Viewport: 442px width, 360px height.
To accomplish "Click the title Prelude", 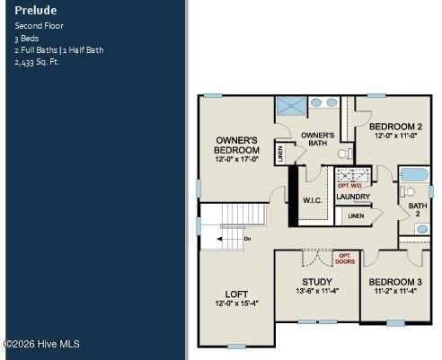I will (x=36, y=11).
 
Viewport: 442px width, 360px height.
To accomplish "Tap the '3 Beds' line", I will (x=28, y=39).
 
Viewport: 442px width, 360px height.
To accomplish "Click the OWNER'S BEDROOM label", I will (x=237, y=145).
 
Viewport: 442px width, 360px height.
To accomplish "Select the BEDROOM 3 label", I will (x=395, y=281).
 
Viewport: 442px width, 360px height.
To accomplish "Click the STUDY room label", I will (x=316, y=281).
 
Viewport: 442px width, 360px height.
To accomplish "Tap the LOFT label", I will (x=236, y=294).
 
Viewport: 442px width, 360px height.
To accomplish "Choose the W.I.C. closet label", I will (x=313, y=199).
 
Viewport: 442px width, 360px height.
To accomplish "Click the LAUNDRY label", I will (x=353, y=197).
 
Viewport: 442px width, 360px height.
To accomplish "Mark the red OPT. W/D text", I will (x=349, y=184).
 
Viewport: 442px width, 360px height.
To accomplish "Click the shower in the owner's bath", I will (x=290, y=106).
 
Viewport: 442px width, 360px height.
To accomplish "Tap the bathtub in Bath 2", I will (x=414, y=174).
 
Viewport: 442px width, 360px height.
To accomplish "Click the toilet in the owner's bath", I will (x=342, y=154).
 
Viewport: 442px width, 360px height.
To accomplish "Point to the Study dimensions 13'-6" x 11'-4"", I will (x=316, y=291).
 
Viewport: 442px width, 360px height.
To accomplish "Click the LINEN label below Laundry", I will (x=356, y=216).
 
